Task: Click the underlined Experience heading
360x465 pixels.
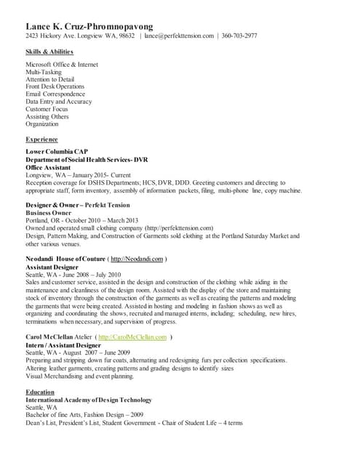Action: point(41,138)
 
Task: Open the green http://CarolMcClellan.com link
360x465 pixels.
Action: point(132,337)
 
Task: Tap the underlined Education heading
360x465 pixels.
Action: point(41,392)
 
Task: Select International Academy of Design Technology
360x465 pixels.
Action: point(89,400)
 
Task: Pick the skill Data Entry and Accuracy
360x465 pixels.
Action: point(59,102)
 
